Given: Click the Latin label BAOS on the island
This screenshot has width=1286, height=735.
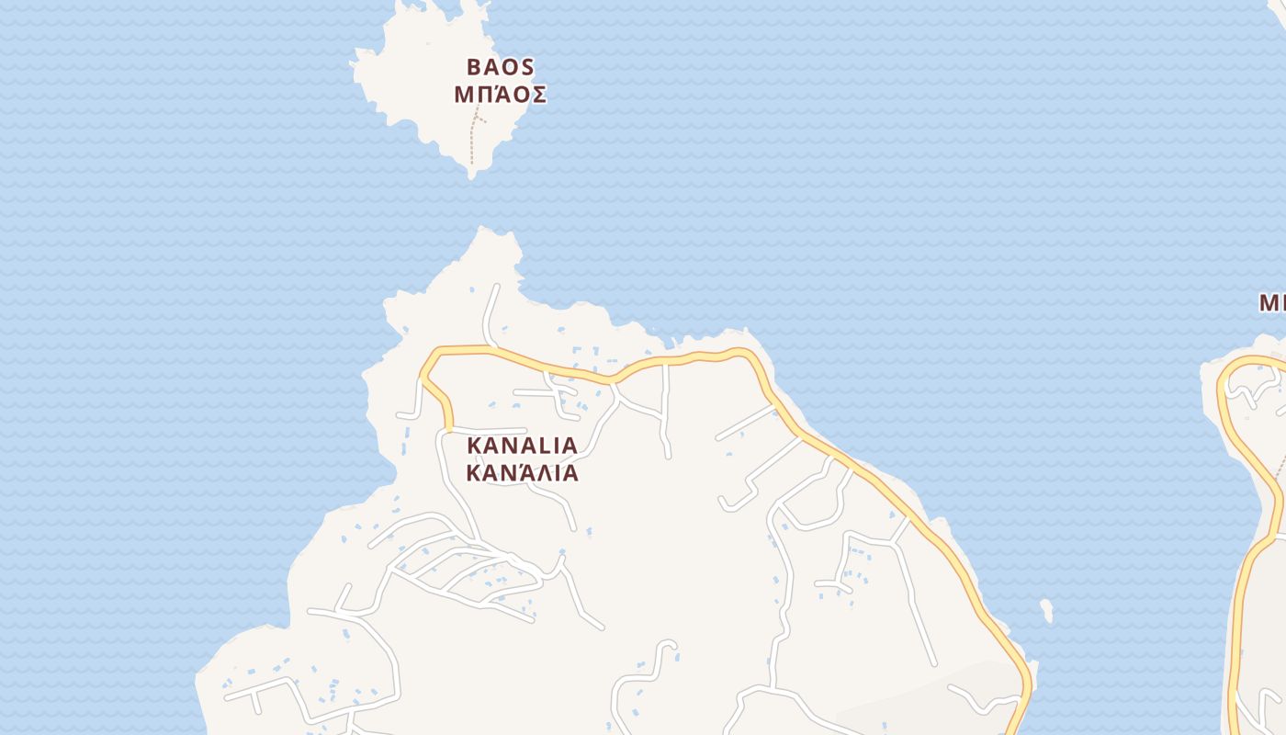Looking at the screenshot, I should pos(501,67).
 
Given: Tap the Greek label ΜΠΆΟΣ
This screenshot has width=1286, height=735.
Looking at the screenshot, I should pos(501,94).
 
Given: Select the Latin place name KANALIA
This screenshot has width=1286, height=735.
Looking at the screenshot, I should pos(523,446).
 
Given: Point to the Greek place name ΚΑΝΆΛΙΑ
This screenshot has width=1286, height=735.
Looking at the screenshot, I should pos(523,473).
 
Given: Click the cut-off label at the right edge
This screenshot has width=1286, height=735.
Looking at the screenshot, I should pos(1272,302).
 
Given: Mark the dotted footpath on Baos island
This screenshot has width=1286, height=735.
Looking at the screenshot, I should pos(472,142).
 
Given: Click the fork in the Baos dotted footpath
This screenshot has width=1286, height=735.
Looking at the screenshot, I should pos(476,117).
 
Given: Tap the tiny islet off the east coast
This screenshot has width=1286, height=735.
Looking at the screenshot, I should pos(1045,610).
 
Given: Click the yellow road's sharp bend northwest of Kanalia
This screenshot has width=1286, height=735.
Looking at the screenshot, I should pos(425,373).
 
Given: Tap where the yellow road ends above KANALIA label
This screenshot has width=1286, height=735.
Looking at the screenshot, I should pos(449,427).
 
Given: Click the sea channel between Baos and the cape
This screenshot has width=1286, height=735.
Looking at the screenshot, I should pos(478,202).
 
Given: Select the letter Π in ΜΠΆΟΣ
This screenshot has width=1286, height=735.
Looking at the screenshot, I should pos(488,94).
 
